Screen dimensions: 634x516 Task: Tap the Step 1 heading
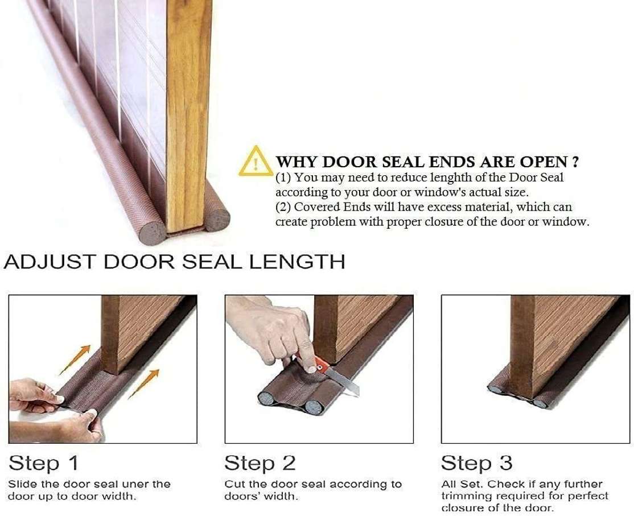coord(43,463)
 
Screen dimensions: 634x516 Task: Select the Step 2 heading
coord(260,463)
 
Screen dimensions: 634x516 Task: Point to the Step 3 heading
coord(477,463)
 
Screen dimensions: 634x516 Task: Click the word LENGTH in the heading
coord(297,262)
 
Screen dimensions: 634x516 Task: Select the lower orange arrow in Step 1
coord(144,384)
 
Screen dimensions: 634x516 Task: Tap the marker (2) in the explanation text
coord(283,207)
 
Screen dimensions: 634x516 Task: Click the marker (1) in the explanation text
coord(283,177)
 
